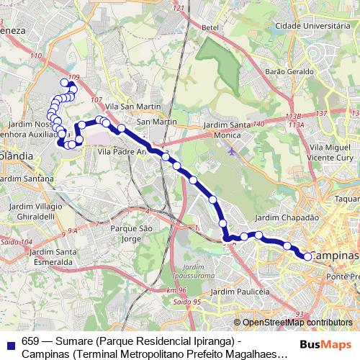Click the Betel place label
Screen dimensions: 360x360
tap(210, 27)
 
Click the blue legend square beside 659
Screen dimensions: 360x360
tap(9, 343)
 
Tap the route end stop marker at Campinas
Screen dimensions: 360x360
tap(307, 256)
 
